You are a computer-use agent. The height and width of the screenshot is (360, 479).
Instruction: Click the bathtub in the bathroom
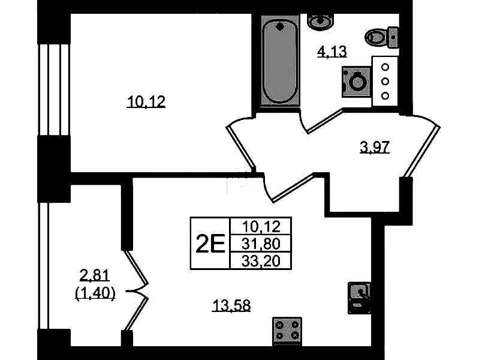click(281, 61)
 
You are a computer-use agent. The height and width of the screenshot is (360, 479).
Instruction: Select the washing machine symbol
click(357, 82)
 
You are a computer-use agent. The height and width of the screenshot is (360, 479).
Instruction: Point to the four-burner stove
click(287, 331)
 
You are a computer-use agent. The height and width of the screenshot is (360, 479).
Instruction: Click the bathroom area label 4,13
click(332, 52)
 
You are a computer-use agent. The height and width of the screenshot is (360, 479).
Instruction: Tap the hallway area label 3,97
click(375, 148)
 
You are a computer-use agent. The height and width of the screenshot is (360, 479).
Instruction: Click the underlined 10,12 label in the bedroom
click(146, 103)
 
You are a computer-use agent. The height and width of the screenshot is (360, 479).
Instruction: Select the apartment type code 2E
click(209, 243)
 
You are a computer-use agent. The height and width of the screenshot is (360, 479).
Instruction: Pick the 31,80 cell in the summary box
click(260, 243)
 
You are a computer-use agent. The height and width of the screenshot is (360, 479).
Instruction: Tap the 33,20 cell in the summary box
click(260, 260)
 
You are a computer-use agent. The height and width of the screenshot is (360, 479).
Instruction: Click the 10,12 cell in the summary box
click(260, 226)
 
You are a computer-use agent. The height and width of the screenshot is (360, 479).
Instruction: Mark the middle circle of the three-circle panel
click(386, 81)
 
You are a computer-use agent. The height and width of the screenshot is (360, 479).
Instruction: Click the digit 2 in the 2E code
click(203, 243)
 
